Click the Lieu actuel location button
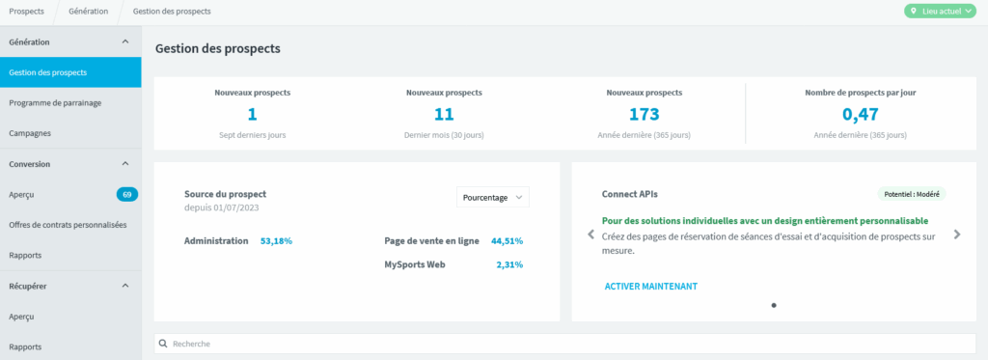(940, 12)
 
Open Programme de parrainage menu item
(55, 102)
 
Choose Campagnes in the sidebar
(30, 133)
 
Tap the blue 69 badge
(127, 194)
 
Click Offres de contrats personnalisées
(69, 225)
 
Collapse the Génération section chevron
(124, 42)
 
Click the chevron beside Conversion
(124, 164)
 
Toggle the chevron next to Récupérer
(124, 286)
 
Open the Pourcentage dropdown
(493, 197)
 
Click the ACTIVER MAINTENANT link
(651, 287)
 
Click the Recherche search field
(564, 344)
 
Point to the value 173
(644, 114)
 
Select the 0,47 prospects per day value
(860, 114)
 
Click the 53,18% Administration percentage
(277, 241)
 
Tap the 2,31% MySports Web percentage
(509, 264)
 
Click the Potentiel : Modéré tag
(912, 194)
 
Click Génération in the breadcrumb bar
(88, 12)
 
